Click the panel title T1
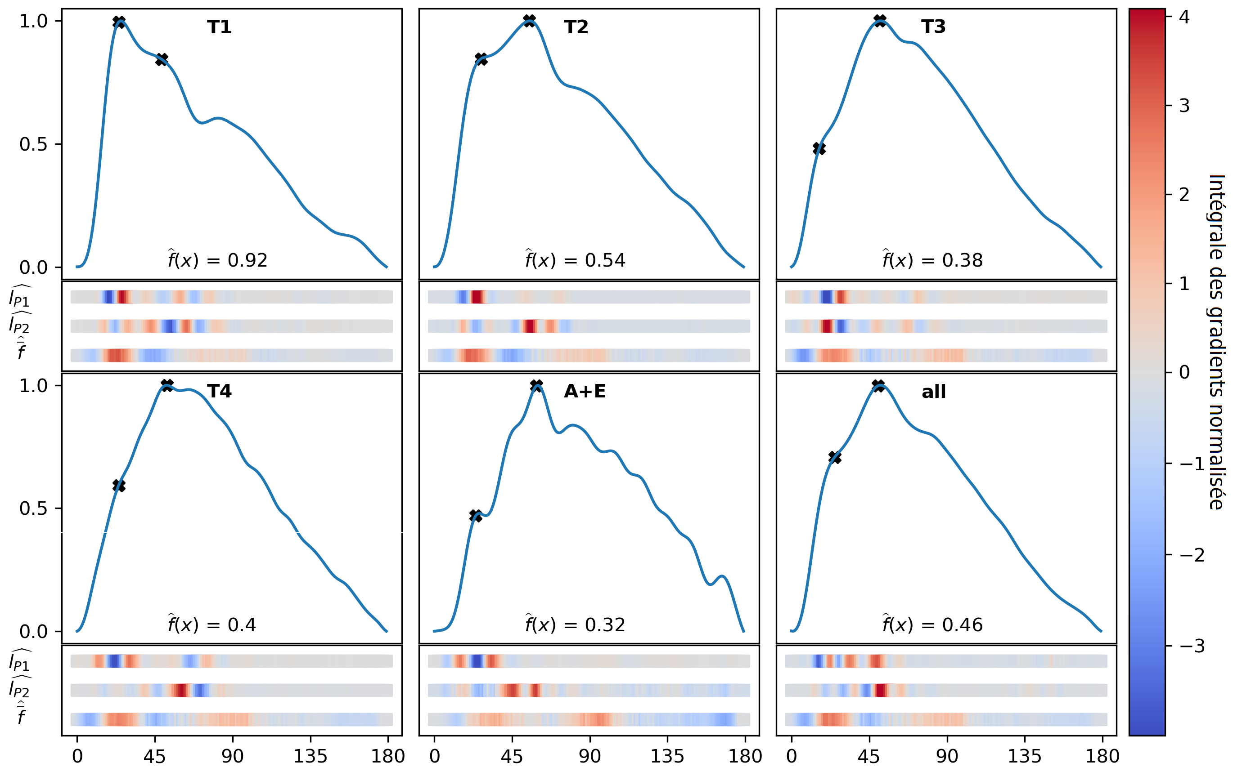pos(219,27)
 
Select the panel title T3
pos(933,27)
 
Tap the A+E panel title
pos(584,391)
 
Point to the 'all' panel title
pos(933,391)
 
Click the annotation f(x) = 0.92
pos(217,260)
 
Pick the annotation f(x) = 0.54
pos(575,260)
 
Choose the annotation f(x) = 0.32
pos(575,624)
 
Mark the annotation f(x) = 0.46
pos(932,624)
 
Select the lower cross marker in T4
pos(119,486)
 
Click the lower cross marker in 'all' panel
pos(834,457)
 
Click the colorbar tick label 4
pos(1184,17)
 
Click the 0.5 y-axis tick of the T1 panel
pos(33,145)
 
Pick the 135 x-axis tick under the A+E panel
pos(667,756)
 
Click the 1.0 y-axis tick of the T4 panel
pos(33,386)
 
